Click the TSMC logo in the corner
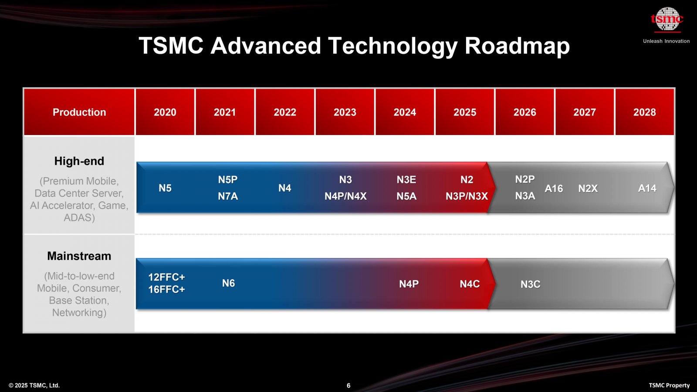pyautogui.click(x=667, y=20)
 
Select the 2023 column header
pyautogui.click(x=345, y=112)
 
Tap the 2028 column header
pyautogui.click(x=644, y=112)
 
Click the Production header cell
pyautogui.click(x=79, y=112)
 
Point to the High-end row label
pyautogui.click(x=79, y=161)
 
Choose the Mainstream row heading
pyautogui.click(x=79, y=256)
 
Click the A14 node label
pyautogui.click(x=647, y=188)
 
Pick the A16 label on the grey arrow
pyautogui.click(x=554, y=189)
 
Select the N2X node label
pyautogui.click(x=588, y=189)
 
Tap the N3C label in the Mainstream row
pyautogui.click(x=530, y=284)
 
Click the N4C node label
pyautogui.click(x=470, y=284)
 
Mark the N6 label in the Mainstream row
pyautogui.click(x=228, y=284)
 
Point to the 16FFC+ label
pyautogui.click(x=166, y=290)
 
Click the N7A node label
pyautogui.click(x=228, y=196)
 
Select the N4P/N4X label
pyautogui.click(x=345, y=196)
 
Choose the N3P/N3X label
pyautogui.click(x=467, y=196)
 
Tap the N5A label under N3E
pyautogui.click(x=406, y=196)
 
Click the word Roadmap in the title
pyautogui.click(x=517, y=46)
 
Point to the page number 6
pyautogui.click(x=348, y=385)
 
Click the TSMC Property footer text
pyautogui.click(x=669, y=385)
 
